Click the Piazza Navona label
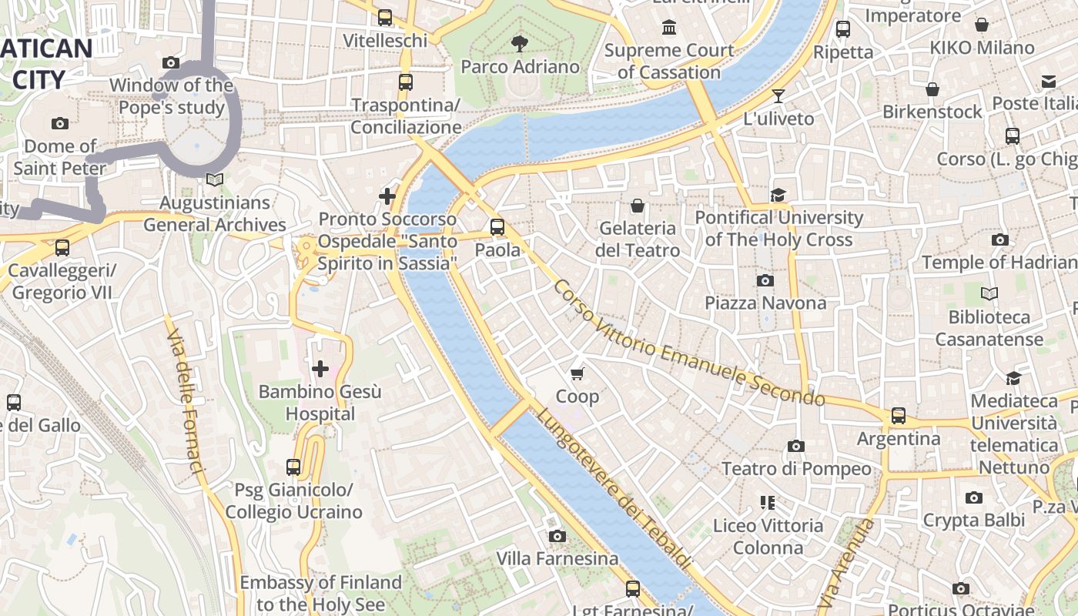(765, 303)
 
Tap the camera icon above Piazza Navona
(765, 280)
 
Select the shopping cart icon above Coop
(577, 374)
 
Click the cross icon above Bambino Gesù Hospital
(320, 369)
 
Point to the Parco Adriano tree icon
(520, 43)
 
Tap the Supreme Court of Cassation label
(669, 62)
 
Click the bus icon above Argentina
(898, 416)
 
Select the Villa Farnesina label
(557, 558)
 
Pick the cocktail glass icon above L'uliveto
(778, 96)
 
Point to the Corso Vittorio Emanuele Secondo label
(688, 343)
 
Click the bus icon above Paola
(497, 227)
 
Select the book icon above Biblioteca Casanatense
(989, 293)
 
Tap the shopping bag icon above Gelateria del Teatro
(638, 206)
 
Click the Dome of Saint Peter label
(60, 156)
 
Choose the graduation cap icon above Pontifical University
(778, 195)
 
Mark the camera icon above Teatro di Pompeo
(796, 446)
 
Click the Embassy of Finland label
(320, 593)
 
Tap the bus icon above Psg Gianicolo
(293, 467)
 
